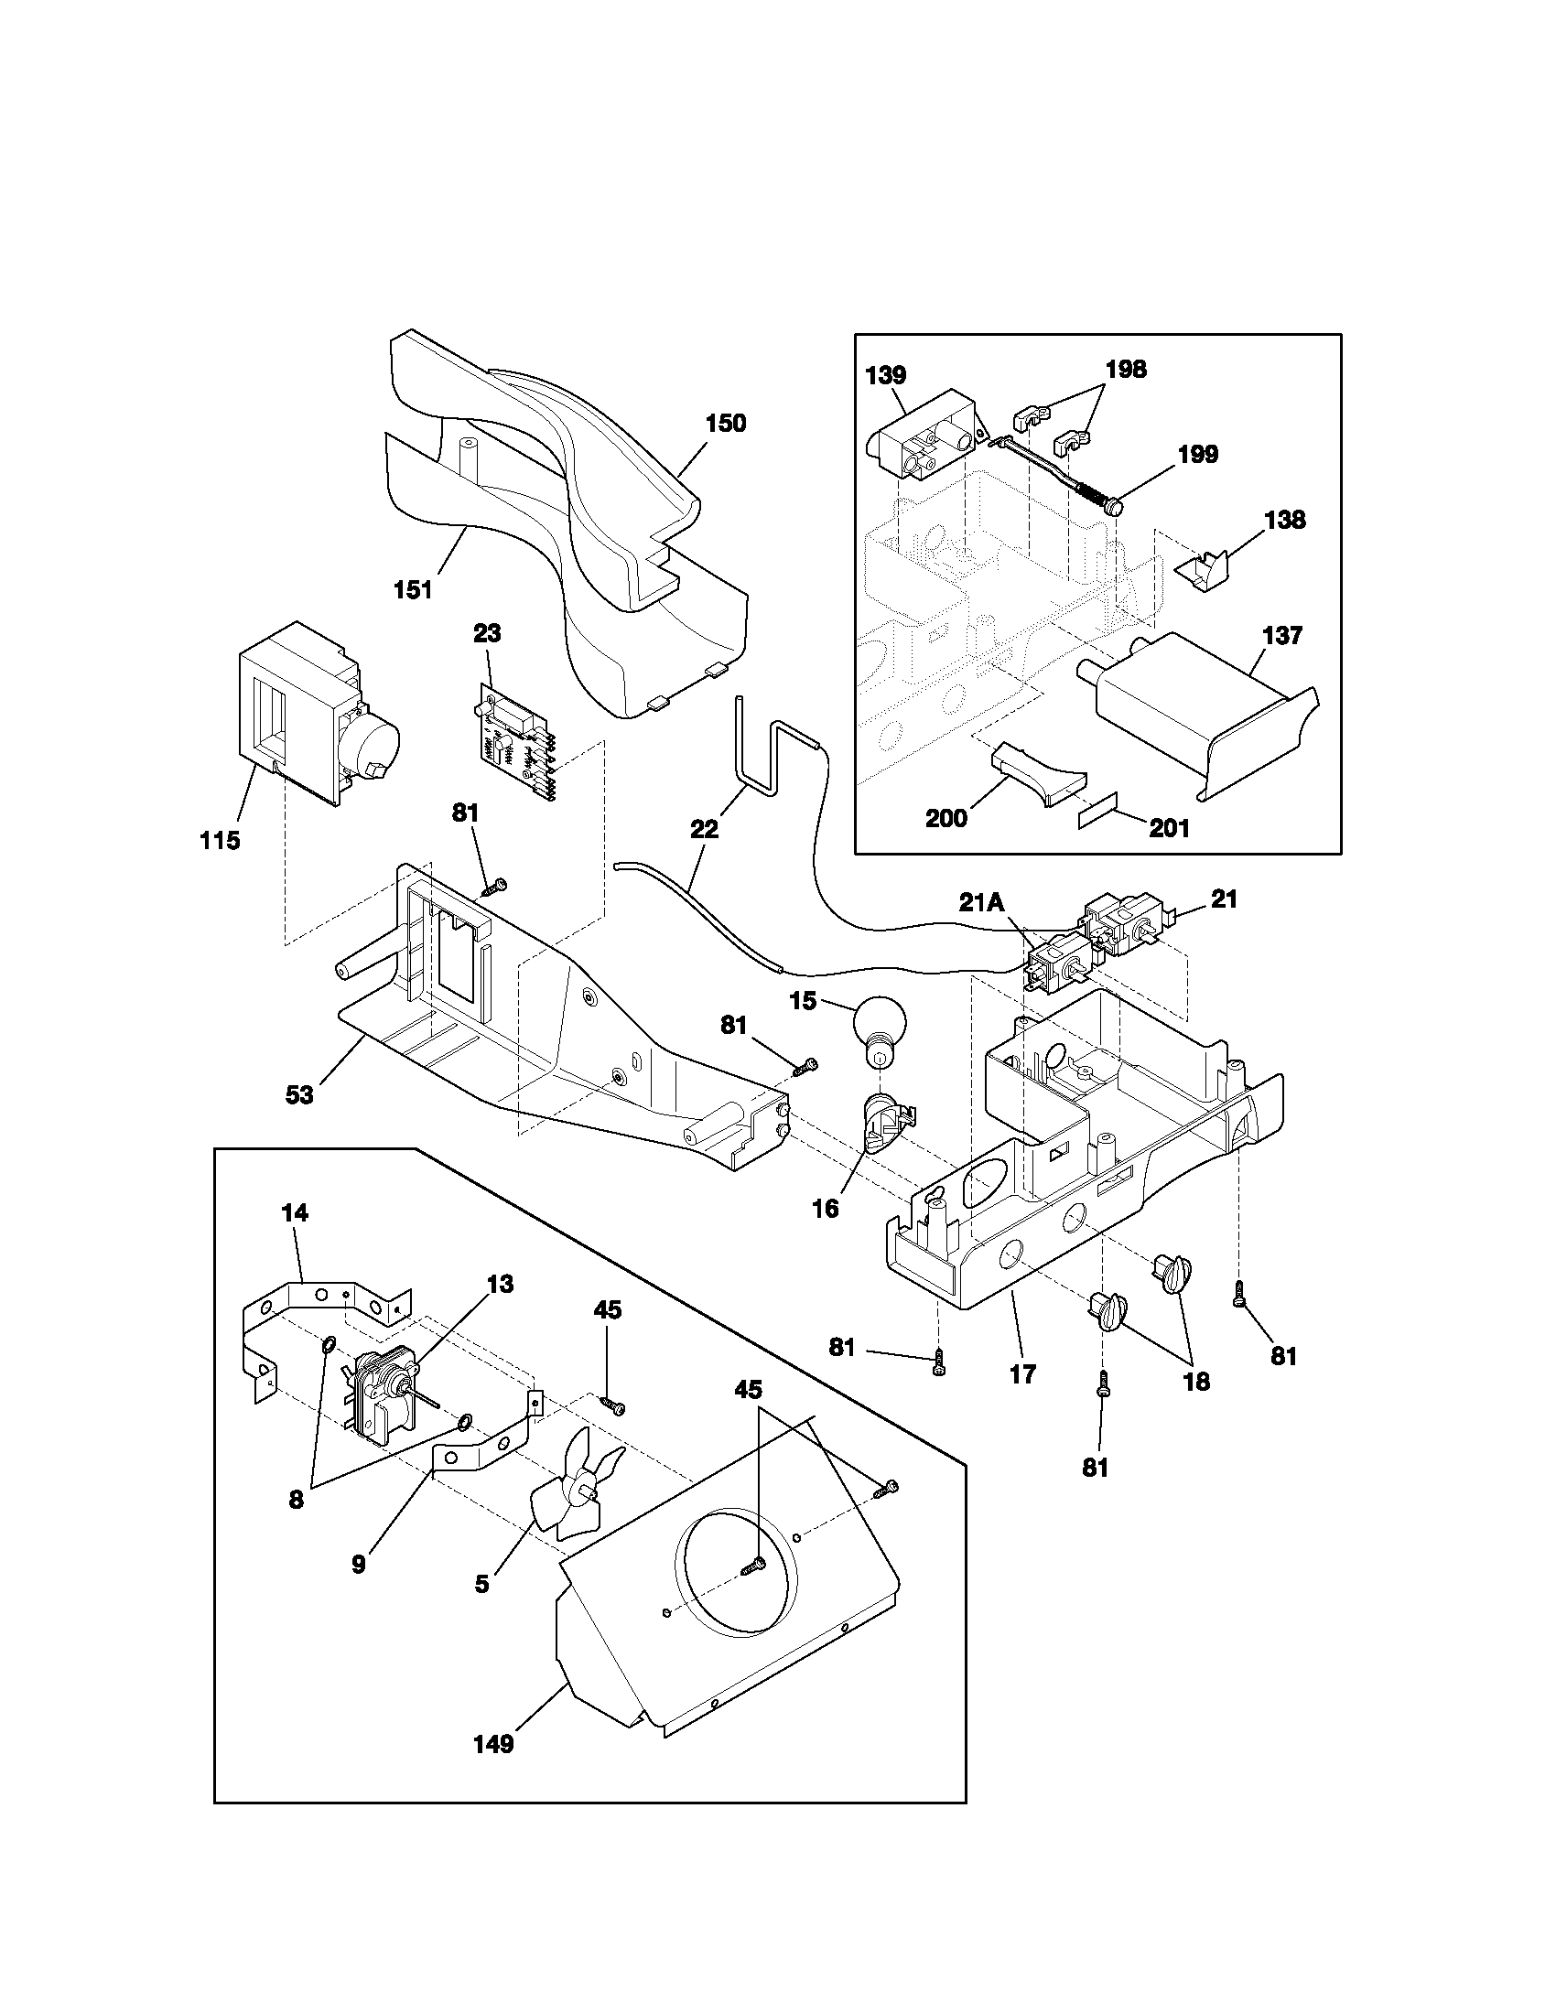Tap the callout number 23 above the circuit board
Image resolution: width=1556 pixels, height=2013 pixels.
point(487,633)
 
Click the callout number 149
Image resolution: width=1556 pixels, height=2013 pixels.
point(493,1745)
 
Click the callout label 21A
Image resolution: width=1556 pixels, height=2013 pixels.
point(981,902)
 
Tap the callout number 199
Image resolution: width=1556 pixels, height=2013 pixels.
point(1197,454)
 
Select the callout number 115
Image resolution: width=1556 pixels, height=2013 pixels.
point(220,840)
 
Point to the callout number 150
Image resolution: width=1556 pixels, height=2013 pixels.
point(726,423)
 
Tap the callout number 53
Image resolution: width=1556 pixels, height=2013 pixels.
point(299,1094)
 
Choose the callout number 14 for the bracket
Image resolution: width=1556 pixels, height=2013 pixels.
point(295,1213)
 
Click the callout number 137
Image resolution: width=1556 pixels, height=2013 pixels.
point(1282,635)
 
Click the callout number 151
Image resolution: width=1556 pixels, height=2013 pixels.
point(413,589)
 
